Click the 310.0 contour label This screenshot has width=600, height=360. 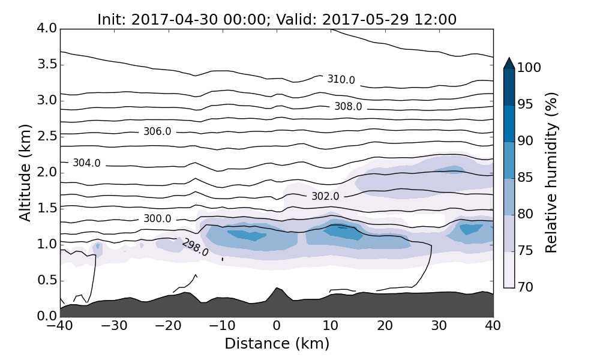(341, 80)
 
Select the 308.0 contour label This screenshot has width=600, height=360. (348, 107)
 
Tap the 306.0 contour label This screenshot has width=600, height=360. (157, 131)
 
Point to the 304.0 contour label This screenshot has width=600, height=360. (86, 163)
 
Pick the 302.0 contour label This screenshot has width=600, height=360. (325, 196)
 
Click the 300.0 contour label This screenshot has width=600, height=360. (157, 219)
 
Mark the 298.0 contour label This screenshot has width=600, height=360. (195, 247)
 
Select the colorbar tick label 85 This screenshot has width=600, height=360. (526, 178)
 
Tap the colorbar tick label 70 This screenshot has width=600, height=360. (526, 287)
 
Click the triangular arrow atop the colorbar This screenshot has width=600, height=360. (509, 63)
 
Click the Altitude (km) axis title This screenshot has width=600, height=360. (25, 173)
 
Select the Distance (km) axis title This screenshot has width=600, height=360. (277, 344)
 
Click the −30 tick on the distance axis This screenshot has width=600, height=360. (114, 326)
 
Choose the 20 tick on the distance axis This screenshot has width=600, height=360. (385, 326)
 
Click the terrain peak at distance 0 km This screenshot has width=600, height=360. (277, 289)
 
